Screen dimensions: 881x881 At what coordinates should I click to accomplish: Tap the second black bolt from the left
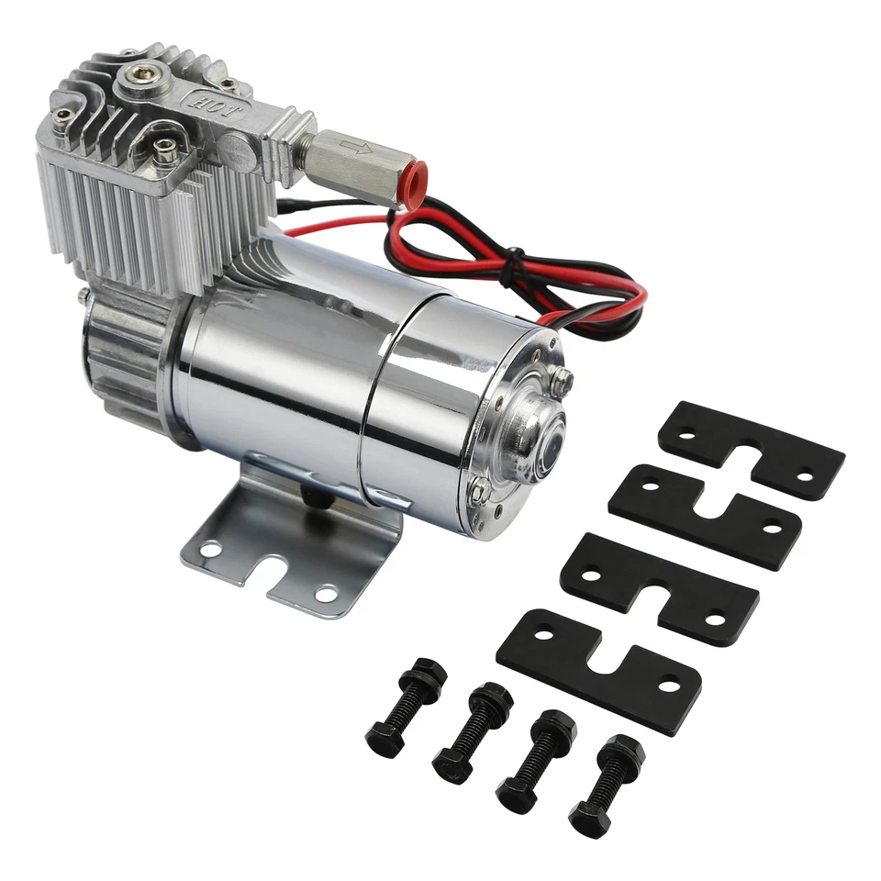click(x=472, y=730)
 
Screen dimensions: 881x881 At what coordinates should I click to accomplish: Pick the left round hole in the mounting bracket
click(x=210, y=549)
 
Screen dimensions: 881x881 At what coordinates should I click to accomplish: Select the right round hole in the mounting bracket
click(x=325, y=595)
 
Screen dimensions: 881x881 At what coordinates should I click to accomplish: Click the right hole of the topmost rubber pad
click(x=804, y=477)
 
